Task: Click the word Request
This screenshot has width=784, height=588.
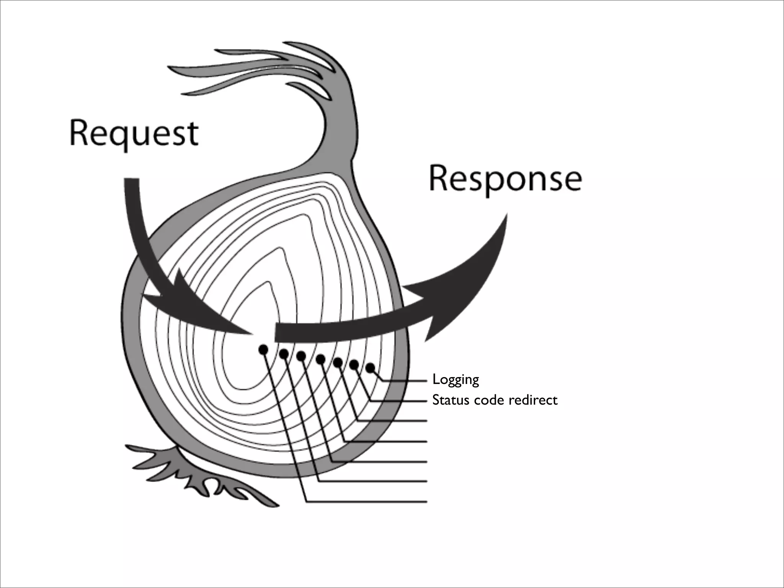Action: coord(134,134)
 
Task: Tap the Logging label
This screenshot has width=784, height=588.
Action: coord(456,380)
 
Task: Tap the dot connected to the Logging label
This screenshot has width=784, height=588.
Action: coord(370,368)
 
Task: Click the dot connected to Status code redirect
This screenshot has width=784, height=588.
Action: coord(354,365)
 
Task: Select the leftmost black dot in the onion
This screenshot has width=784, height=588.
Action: coord(263,349)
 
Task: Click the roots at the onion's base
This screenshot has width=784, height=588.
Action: coord(203,479)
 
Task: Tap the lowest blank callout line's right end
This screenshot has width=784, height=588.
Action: coord(426,501)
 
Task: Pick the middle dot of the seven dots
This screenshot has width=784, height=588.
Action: coord(321,359)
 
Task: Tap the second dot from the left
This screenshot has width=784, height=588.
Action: coord(284,354)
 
